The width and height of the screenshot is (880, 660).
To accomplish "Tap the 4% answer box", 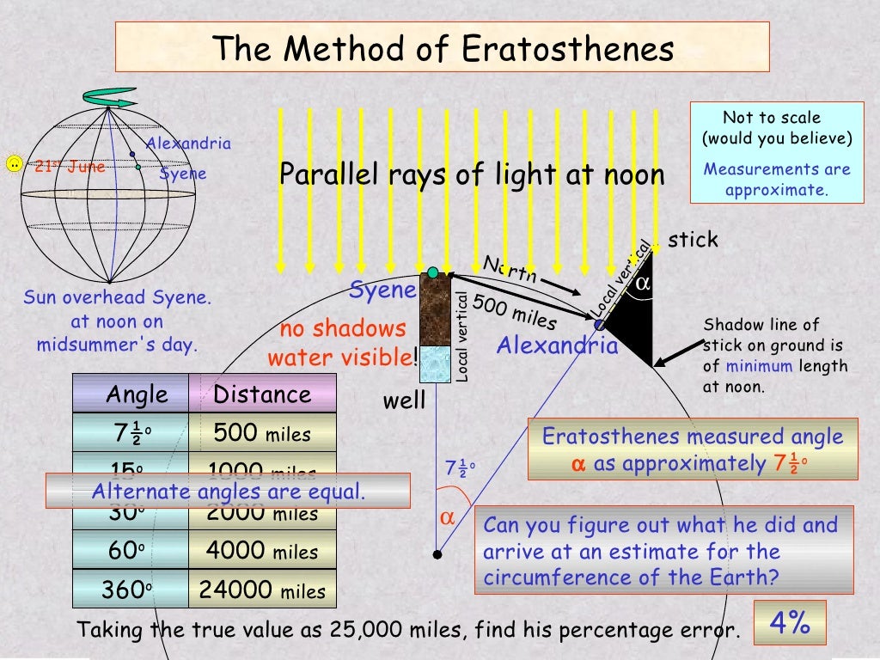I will coord(790,623).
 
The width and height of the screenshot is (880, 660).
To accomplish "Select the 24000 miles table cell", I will coord(262,590).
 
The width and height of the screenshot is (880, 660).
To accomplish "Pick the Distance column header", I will coord(262,394).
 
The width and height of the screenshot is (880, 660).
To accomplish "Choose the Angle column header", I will coord(137,394).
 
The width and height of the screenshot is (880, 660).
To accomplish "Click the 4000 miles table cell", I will coord(262,551).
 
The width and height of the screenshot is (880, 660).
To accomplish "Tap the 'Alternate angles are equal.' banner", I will coord(228,492).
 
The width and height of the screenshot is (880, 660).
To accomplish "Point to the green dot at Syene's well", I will coord(433,272).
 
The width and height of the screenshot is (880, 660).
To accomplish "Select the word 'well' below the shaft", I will coord(404,400).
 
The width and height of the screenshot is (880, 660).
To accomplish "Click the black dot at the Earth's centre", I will coord(437,555).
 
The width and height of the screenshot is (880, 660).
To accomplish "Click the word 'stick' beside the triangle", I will coord(693,240).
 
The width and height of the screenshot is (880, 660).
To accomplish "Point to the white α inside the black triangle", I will coord(642,282).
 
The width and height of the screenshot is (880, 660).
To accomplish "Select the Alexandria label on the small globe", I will coord(188,144).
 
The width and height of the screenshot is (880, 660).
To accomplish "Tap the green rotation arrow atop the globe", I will coord(109,97).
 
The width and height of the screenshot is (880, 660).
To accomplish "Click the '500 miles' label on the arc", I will coord(515,315).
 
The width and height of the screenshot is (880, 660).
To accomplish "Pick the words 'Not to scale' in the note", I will coord(772,118).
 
